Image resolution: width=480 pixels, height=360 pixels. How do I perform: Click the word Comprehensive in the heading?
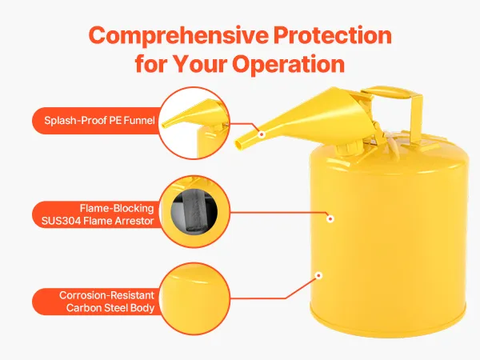tap(178, 36)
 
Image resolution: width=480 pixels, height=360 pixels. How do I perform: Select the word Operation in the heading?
tap(288, 64)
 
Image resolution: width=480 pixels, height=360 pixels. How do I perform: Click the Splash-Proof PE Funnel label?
tap(99, 120)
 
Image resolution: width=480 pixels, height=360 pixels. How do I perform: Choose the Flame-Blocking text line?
tap(117, 208)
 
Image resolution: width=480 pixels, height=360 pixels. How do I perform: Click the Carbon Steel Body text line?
tap(110, 308)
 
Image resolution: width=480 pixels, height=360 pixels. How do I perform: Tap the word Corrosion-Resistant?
tap(106, 295)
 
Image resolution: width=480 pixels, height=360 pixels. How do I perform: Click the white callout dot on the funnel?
tap(262, 134)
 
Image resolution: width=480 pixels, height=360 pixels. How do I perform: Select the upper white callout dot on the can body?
tap(330, 219)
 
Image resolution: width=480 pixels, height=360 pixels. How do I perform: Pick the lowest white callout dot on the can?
tap(318, 275)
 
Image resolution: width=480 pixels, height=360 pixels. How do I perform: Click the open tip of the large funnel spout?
tap(238, 143)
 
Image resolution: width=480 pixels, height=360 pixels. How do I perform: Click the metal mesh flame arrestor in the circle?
tap(194, 211)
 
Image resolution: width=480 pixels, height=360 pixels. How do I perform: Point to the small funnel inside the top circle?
tap(190, 114)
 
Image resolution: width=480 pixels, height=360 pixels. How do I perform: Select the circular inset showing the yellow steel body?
tap(194, 298)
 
